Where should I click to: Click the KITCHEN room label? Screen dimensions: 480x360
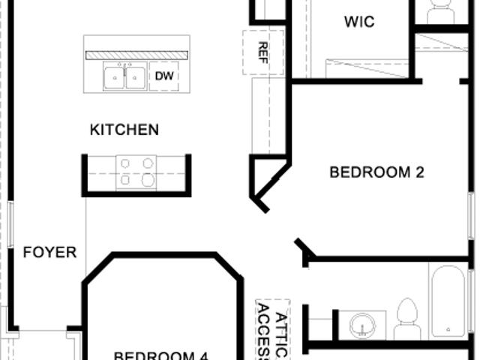124,130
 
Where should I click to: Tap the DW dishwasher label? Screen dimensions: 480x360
164,76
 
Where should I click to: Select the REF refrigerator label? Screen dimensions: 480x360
263,52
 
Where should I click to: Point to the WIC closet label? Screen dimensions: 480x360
359,22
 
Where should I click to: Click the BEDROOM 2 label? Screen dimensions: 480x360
376,172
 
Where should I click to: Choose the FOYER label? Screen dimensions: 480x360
50,252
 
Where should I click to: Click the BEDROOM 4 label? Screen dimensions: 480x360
161,355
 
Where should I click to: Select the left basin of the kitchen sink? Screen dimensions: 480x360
115,78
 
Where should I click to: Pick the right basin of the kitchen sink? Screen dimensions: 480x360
135,78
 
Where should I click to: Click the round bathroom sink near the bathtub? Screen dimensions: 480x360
363,325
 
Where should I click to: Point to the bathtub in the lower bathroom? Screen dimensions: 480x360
448,301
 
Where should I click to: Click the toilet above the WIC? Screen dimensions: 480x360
440,11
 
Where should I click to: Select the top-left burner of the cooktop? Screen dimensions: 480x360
125,163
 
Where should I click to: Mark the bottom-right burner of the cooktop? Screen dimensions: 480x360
148,180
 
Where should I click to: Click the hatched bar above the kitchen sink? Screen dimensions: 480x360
136,55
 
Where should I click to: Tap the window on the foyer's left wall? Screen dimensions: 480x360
10,225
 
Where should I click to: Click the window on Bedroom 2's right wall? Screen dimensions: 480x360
472,216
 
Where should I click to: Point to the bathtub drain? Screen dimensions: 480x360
448,329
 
